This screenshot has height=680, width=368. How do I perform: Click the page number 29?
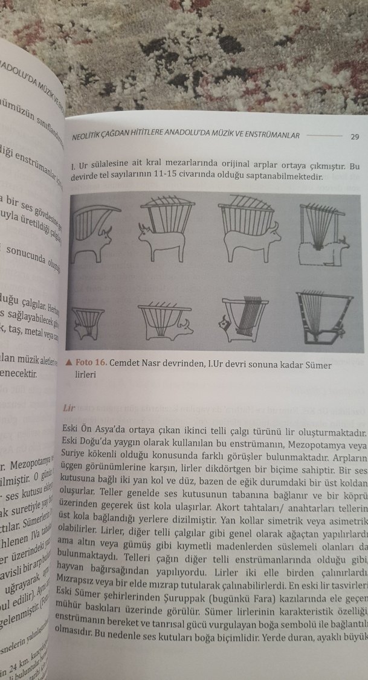coord(355,136)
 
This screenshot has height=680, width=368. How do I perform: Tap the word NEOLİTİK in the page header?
coord(91,135)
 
